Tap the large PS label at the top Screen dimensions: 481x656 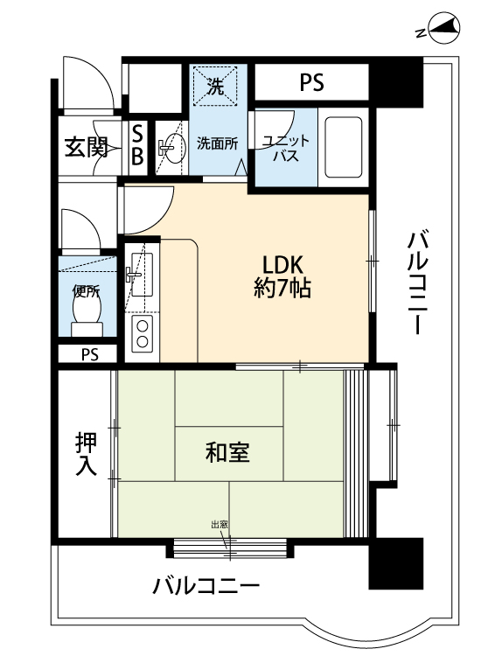tap(311, 82)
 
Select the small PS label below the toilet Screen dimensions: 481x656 tap(90, 355)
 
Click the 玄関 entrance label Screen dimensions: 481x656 tap(87, 147)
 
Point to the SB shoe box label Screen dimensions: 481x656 tap(137, 145)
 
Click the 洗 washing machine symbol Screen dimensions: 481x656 tap(215, 87)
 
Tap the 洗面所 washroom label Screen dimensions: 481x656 tap(217, 144)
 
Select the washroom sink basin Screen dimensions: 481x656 tap(173, 147)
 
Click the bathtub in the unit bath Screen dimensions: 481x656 tap(343, 147)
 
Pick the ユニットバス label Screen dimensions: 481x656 tap(286, 148)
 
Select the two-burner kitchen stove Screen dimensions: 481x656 tap(143, 334)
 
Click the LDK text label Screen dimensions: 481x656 tap(282, 264)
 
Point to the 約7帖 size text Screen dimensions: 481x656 tap(282, 288)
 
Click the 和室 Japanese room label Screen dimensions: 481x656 tap(227, 453)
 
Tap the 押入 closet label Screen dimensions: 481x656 tap(87, 454)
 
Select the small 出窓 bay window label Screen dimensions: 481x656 tap(220, 525)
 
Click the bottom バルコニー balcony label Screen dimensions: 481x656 tap(206, 586)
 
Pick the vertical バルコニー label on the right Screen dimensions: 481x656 tap(419, 283)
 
